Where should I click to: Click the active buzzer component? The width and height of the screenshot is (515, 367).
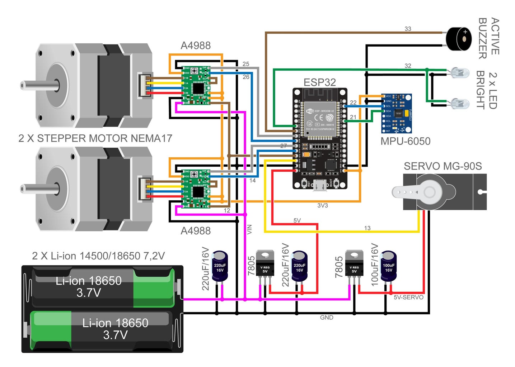click(x=458, y=39)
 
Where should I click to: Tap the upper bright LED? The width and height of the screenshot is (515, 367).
click(x=460, y=73)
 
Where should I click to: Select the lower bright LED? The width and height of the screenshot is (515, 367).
click(x=460, y=104)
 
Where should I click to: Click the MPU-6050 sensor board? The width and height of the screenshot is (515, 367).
click(x=396, y=113)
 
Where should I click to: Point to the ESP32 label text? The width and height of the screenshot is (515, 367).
click(x=319, y=82)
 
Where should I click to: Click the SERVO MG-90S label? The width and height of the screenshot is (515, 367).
click(x=443, y=166)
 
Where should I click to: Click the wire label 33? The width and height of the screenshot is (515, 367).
click(x=408, y=29)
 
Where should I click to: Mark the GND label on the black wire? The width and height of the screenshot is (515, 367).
click(x=327, y=318)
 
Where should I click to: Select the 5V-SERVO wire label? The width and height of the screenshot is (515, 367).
click(x=408, y=297)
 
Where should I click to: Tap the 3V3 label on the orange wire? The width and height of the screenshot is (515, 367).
click(x=322, y=206)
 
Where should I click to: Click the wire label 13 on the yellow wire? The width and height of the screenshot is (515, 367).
click(x=367, y=228)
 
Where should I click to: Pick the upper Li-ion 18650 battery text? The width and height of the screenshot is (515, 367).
click(x=89, y=286)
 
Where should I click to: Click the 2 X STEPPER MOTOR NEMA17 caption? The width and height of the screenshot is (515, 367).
click(x=95, y=138)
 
